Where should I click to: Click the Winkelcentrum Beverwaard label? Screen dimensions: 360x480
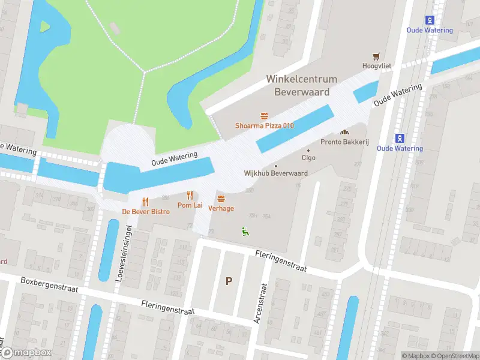[302, 85]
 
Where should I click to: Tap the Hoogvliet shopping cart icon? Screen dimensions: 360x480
[376, 56]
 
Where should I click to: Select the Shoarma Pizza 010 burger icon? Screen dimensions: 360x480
[264, 116]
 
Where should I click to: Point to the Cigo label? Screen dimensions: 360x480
[308, 158]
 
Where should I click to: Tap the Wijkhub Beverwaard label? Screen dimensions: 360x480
[276, 173]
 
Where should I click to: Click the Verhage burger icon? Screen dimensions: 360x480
[221, 198]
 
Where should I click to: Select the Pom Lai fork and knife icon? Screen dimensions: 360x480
[190, 195]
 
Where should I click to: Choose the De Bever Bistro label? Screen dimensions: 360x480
[146, 212]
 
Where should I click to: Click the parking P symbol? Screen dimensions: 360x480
[228, 281]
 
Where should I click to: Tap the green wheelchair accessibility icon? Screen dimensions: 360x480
[244, 230]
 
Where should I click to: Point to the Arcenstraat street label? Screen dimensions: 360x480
[260, 304]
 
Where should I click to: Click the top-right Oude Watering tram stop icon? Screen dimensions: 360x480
[430, 20]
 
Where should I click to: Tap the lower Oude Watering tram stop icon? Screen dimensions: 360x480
[400, 138]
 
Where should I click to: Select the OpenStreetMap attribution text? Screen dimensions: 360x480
[455, 356]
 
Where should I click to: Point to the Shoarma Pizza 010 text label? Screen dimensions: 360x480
[264, 125]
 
